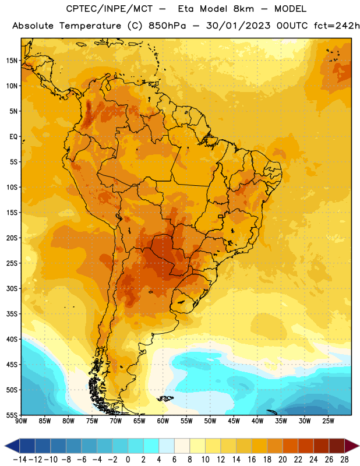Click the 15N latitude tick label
point(12,61)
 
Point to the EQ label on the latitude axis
point(13,137)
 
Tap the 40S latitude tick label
point(12,339)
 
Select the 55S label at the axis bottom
point(12,415)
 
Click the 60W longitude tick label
point(163,421)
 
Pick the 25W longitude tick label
point(328,421)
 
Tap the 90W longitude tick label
point(22,421)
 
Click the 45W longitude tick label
point(234,421)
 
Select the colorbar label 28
point(344,460)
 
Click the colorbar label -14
point(20,460)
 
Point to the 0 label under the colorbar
point(128,460)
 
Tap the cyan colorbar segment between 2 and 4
point(151,446)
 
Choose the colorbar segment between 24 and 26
point(322,446)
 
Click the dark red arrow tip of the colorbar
point(358,446)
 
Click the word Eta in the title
point(186,9)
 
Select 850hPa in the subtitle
point(167,26)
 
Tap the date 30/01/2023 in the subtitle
point(238,26)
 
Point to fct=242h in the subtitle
point(337,26)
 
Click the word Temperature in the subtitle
point(90,26)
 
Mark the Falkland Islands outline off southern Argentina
point(165,398)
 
